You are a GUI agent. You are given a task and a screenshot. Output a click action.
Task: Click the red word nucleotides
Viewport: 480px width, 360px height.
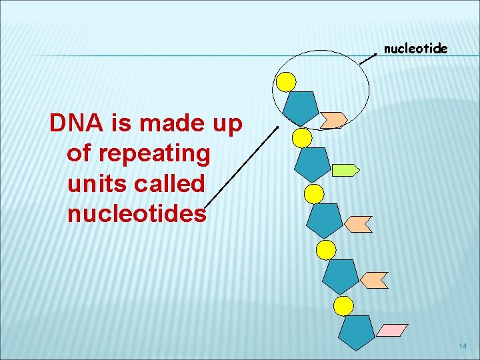pos(137,214)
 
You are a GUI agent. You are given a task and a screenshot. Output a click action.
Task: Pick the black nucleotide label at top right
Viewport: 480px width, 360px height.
pos(415,49)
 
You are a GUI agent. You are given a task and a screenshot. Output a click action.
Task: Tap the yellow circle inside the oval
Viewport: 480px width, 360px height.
pos(286,81)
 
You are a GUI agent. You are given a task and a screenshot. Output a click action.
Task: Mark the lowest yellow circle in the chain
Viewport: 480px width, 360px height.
pos(343,306)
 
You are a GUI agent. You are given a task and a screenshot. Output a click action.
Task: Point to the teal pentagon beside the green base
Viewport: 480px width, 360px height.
pos(313,164)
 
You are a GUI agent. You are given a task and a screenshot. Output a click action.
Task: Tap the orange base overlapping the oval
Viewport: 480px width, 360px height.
pos(333,119)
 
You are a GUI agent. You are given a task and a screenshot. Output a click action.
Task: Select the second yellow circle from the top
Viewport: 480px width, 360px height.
pos(302,138)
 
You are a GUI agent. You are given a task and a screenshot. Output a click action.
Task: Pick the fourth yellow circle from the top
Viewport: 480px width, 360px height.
pos(325,250)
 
